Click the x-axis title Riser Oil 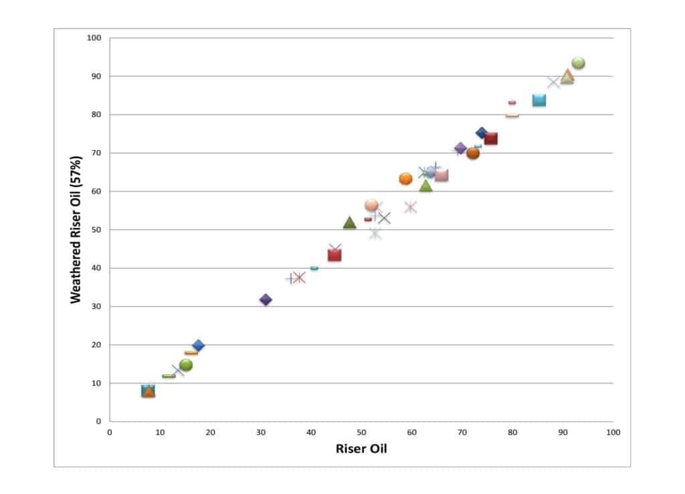(361, 448)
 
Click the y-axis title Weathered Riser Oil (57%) (76, 230)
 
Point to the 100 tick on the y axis (94, 38)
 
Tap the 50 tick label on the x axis (361, 432)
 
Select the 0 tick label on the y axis (98, 422)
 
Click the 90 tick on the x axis (563, 432)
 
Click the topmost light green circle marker (579, 63)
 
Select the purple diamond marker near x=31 (266, 300)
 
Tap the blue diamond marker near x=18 (198, 345)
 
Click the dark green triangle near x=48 (349, 223)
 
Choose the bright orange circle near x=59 (405, 179)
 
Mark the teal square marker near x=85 (539, 100)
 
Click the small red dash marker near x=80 (512, 102)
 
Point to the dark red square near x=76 (491, 139)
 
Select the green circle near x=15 (186, 365)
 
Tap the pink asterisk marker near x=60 (411, 208)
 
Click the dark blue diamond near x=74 (482, 133)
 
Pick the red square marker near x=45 (334, 255)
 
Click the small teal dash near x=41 (314, 268)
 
